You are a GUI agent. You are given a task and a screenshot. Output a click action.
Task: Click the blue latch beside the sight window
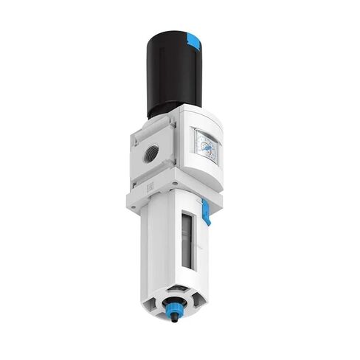[x=206, y=216]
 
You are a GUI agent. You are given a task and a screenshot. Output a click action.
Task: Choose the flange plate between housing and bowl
[x=173, y=196]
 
